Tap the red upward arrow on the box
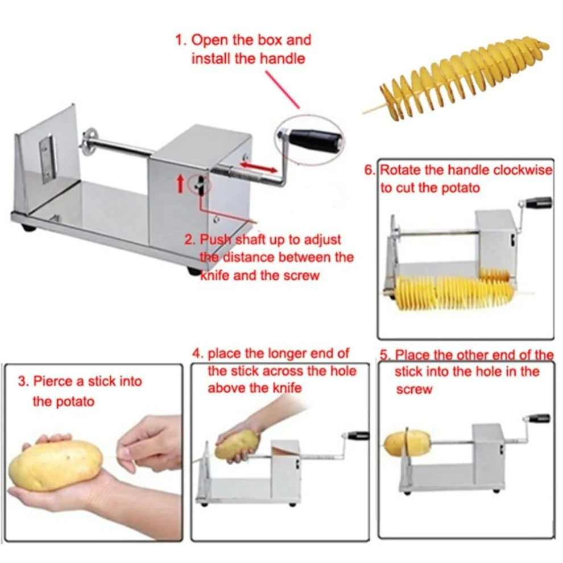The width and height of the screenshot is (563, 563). tap(181, 184)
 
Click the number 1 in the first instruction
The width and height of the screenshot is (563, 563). tap(180, 41)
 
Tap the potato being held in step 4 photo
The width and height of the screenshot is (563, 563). tap(237, 444)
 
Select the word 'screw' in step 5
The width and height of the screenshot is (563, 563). tap(413, 390)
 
